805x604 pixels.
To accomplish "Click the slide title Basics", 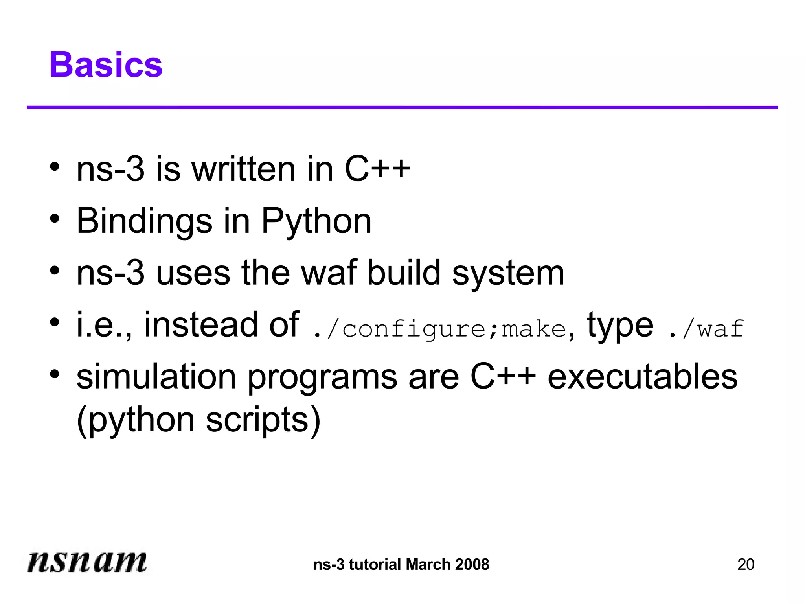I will click(x=106, y=65).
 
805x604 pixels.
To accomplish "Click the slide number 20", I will click(x=746, y=564).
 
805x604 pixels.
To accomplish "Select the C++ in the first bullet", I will click(x=377, y=169).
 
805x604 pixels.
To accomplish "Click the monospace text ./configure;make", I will click(x=439, y=329).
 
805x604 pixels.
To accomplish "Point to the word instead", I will click(x=200, y=324).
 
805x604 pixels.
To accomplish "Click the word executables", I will click(x=643, y=377).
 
